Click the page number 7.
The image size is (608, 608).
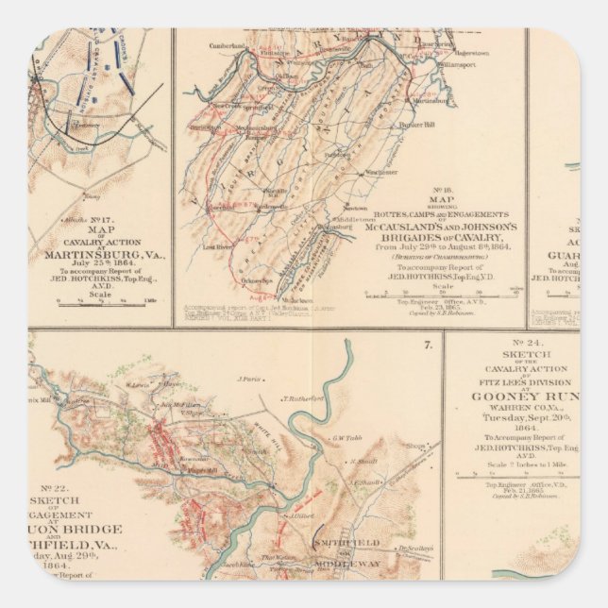(x=428, y=345)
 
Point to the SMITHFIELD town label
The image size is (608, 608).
(x=354, y=543)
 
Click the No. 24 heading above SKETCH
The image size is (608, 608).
(x=510, y=342)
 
